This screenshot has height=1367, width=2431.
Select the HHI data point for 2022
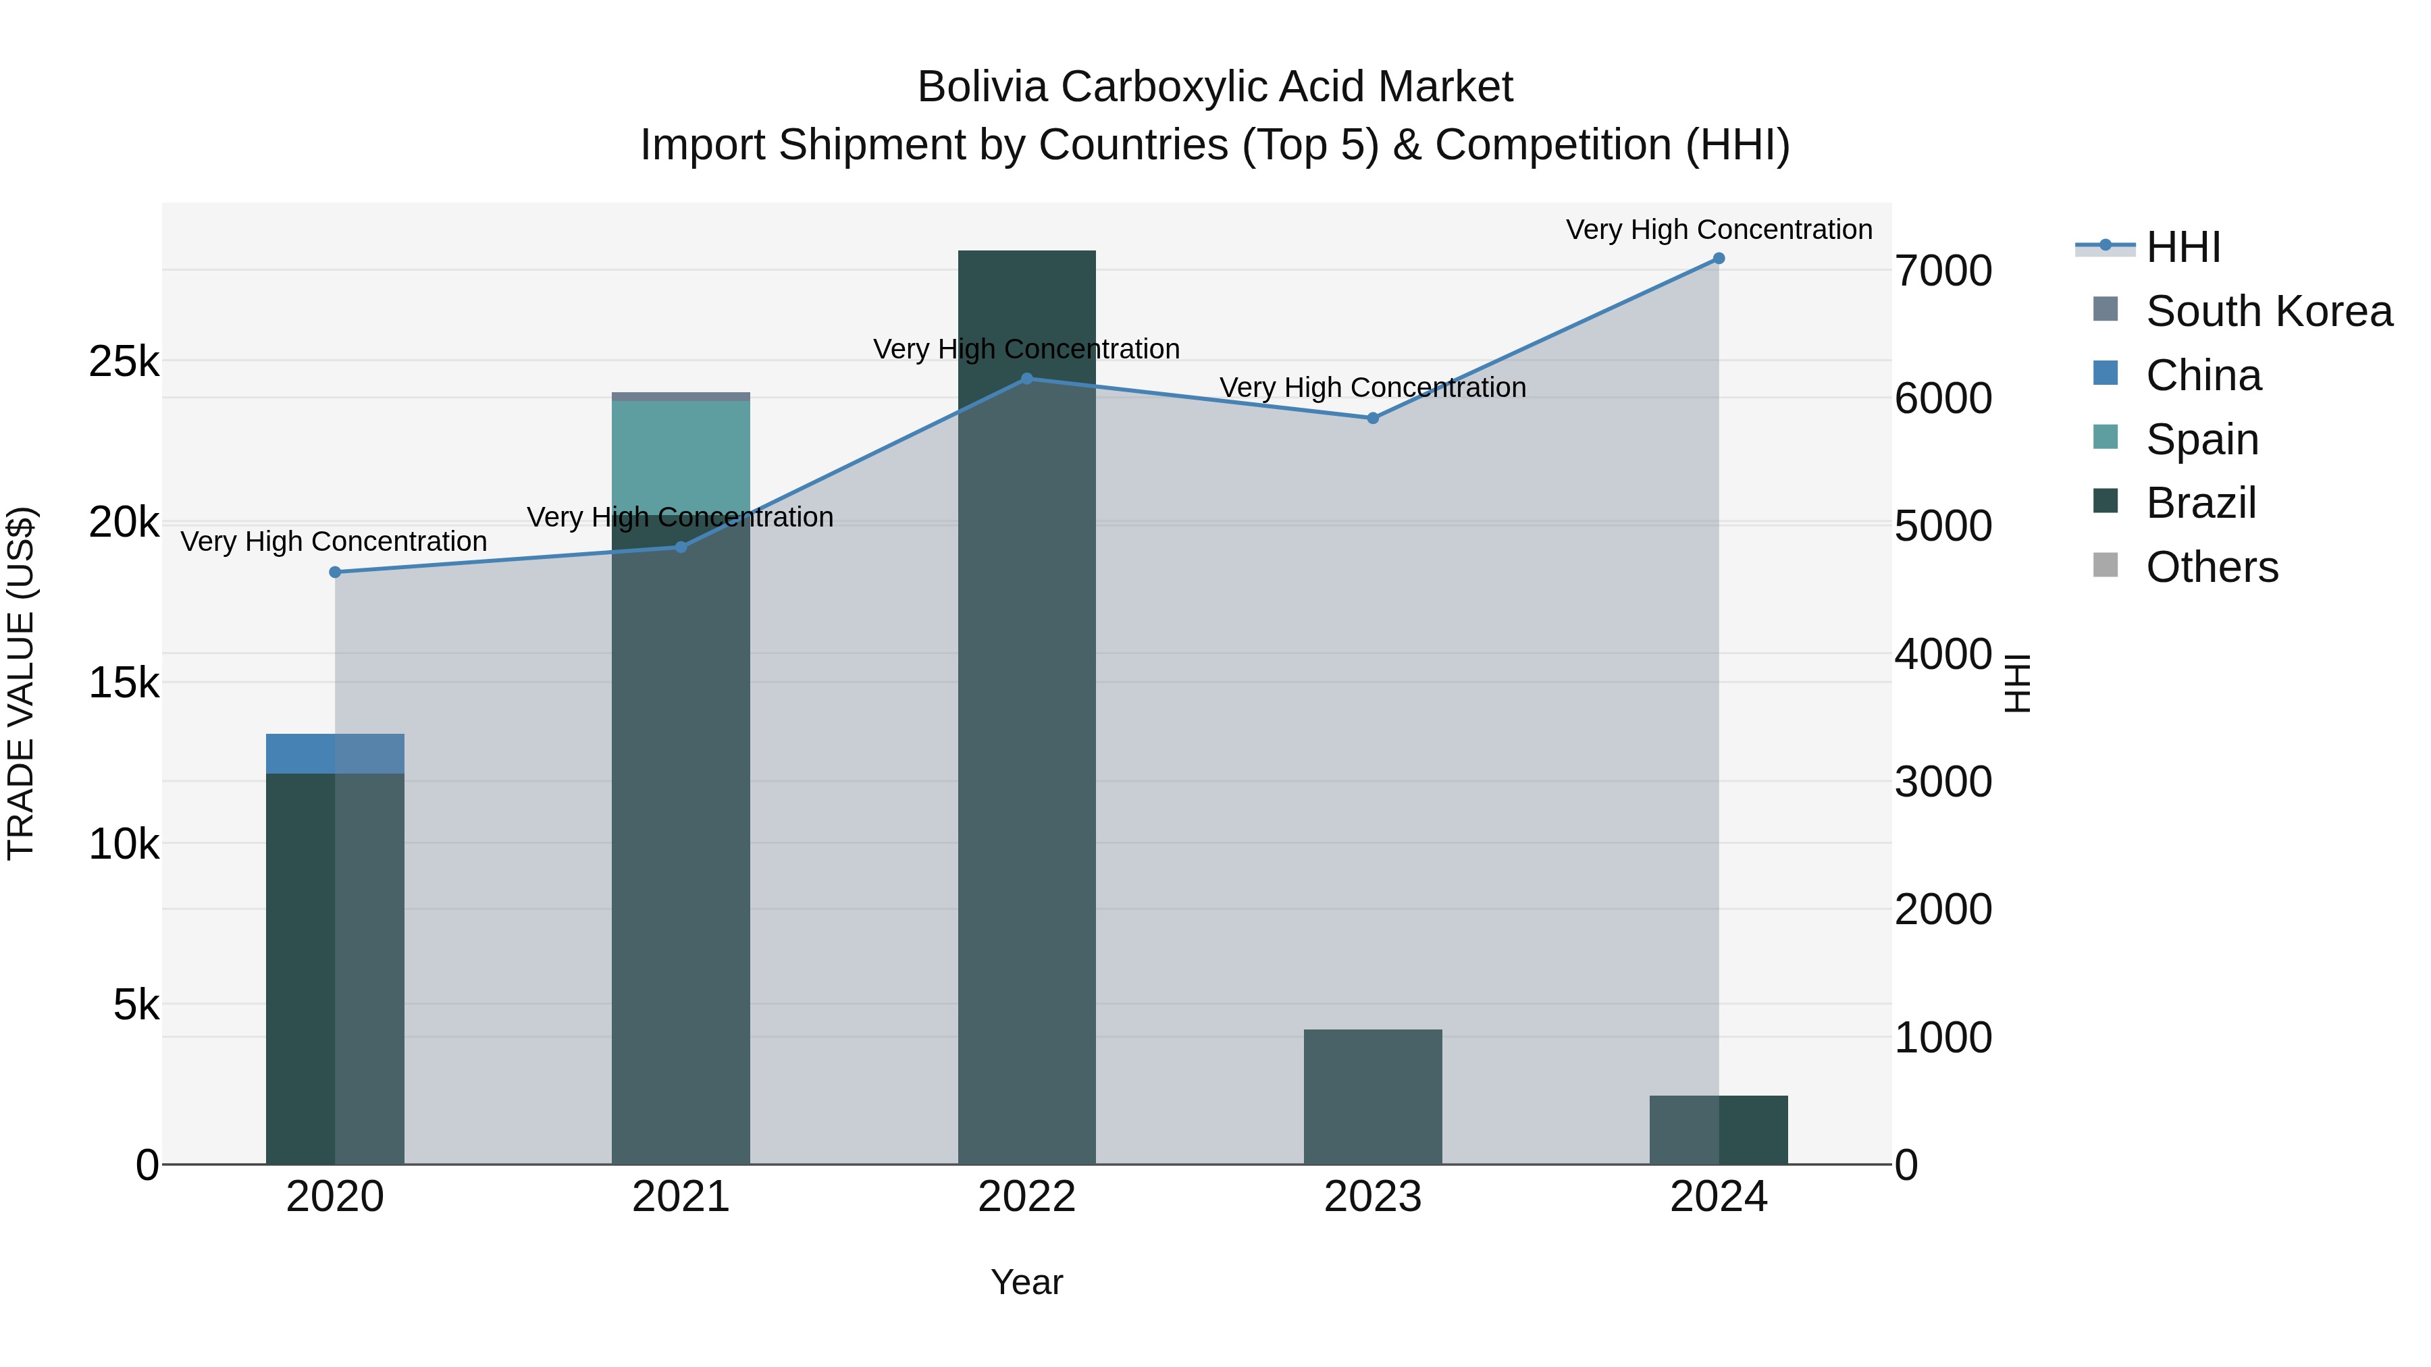pyautogui.click(x=1026, y=379)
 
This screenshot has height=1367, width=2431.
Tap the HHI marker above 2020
pyautogui.click(x=335, y=572)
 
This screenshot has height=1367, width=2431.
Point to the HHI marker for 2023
pyautogui.click(x=1372, y=418)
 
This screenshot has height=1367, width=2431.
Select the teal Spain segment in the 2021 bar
pyautogui.click(x=681, y=458)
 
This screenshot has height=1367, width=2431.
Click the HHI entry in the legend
pyautogui.click(x=2182, y=247)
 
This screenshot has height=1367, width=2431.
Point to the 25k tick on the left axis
pyautogui.click(x=124, y=361)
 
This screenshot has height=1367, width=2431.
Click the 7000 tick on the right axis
pyautogui.click(x=1942, y=271)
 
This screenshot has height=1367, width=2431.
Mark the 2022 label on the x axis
pyautogui.click(x=1026, y=1197)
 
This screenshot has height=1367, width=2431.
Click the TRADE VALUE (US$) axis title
pyautogui.click(x=21, y=683)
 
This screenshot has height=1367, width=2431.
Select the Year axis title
pyautogui.click(x=1026, y=1282)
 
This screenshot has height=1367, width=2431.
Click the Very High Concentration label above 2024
pyautogui.click(x=1719, y=230)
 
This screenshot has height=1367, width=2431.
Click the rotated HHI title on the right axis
pyautogui.click(x=2016, y=683)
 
